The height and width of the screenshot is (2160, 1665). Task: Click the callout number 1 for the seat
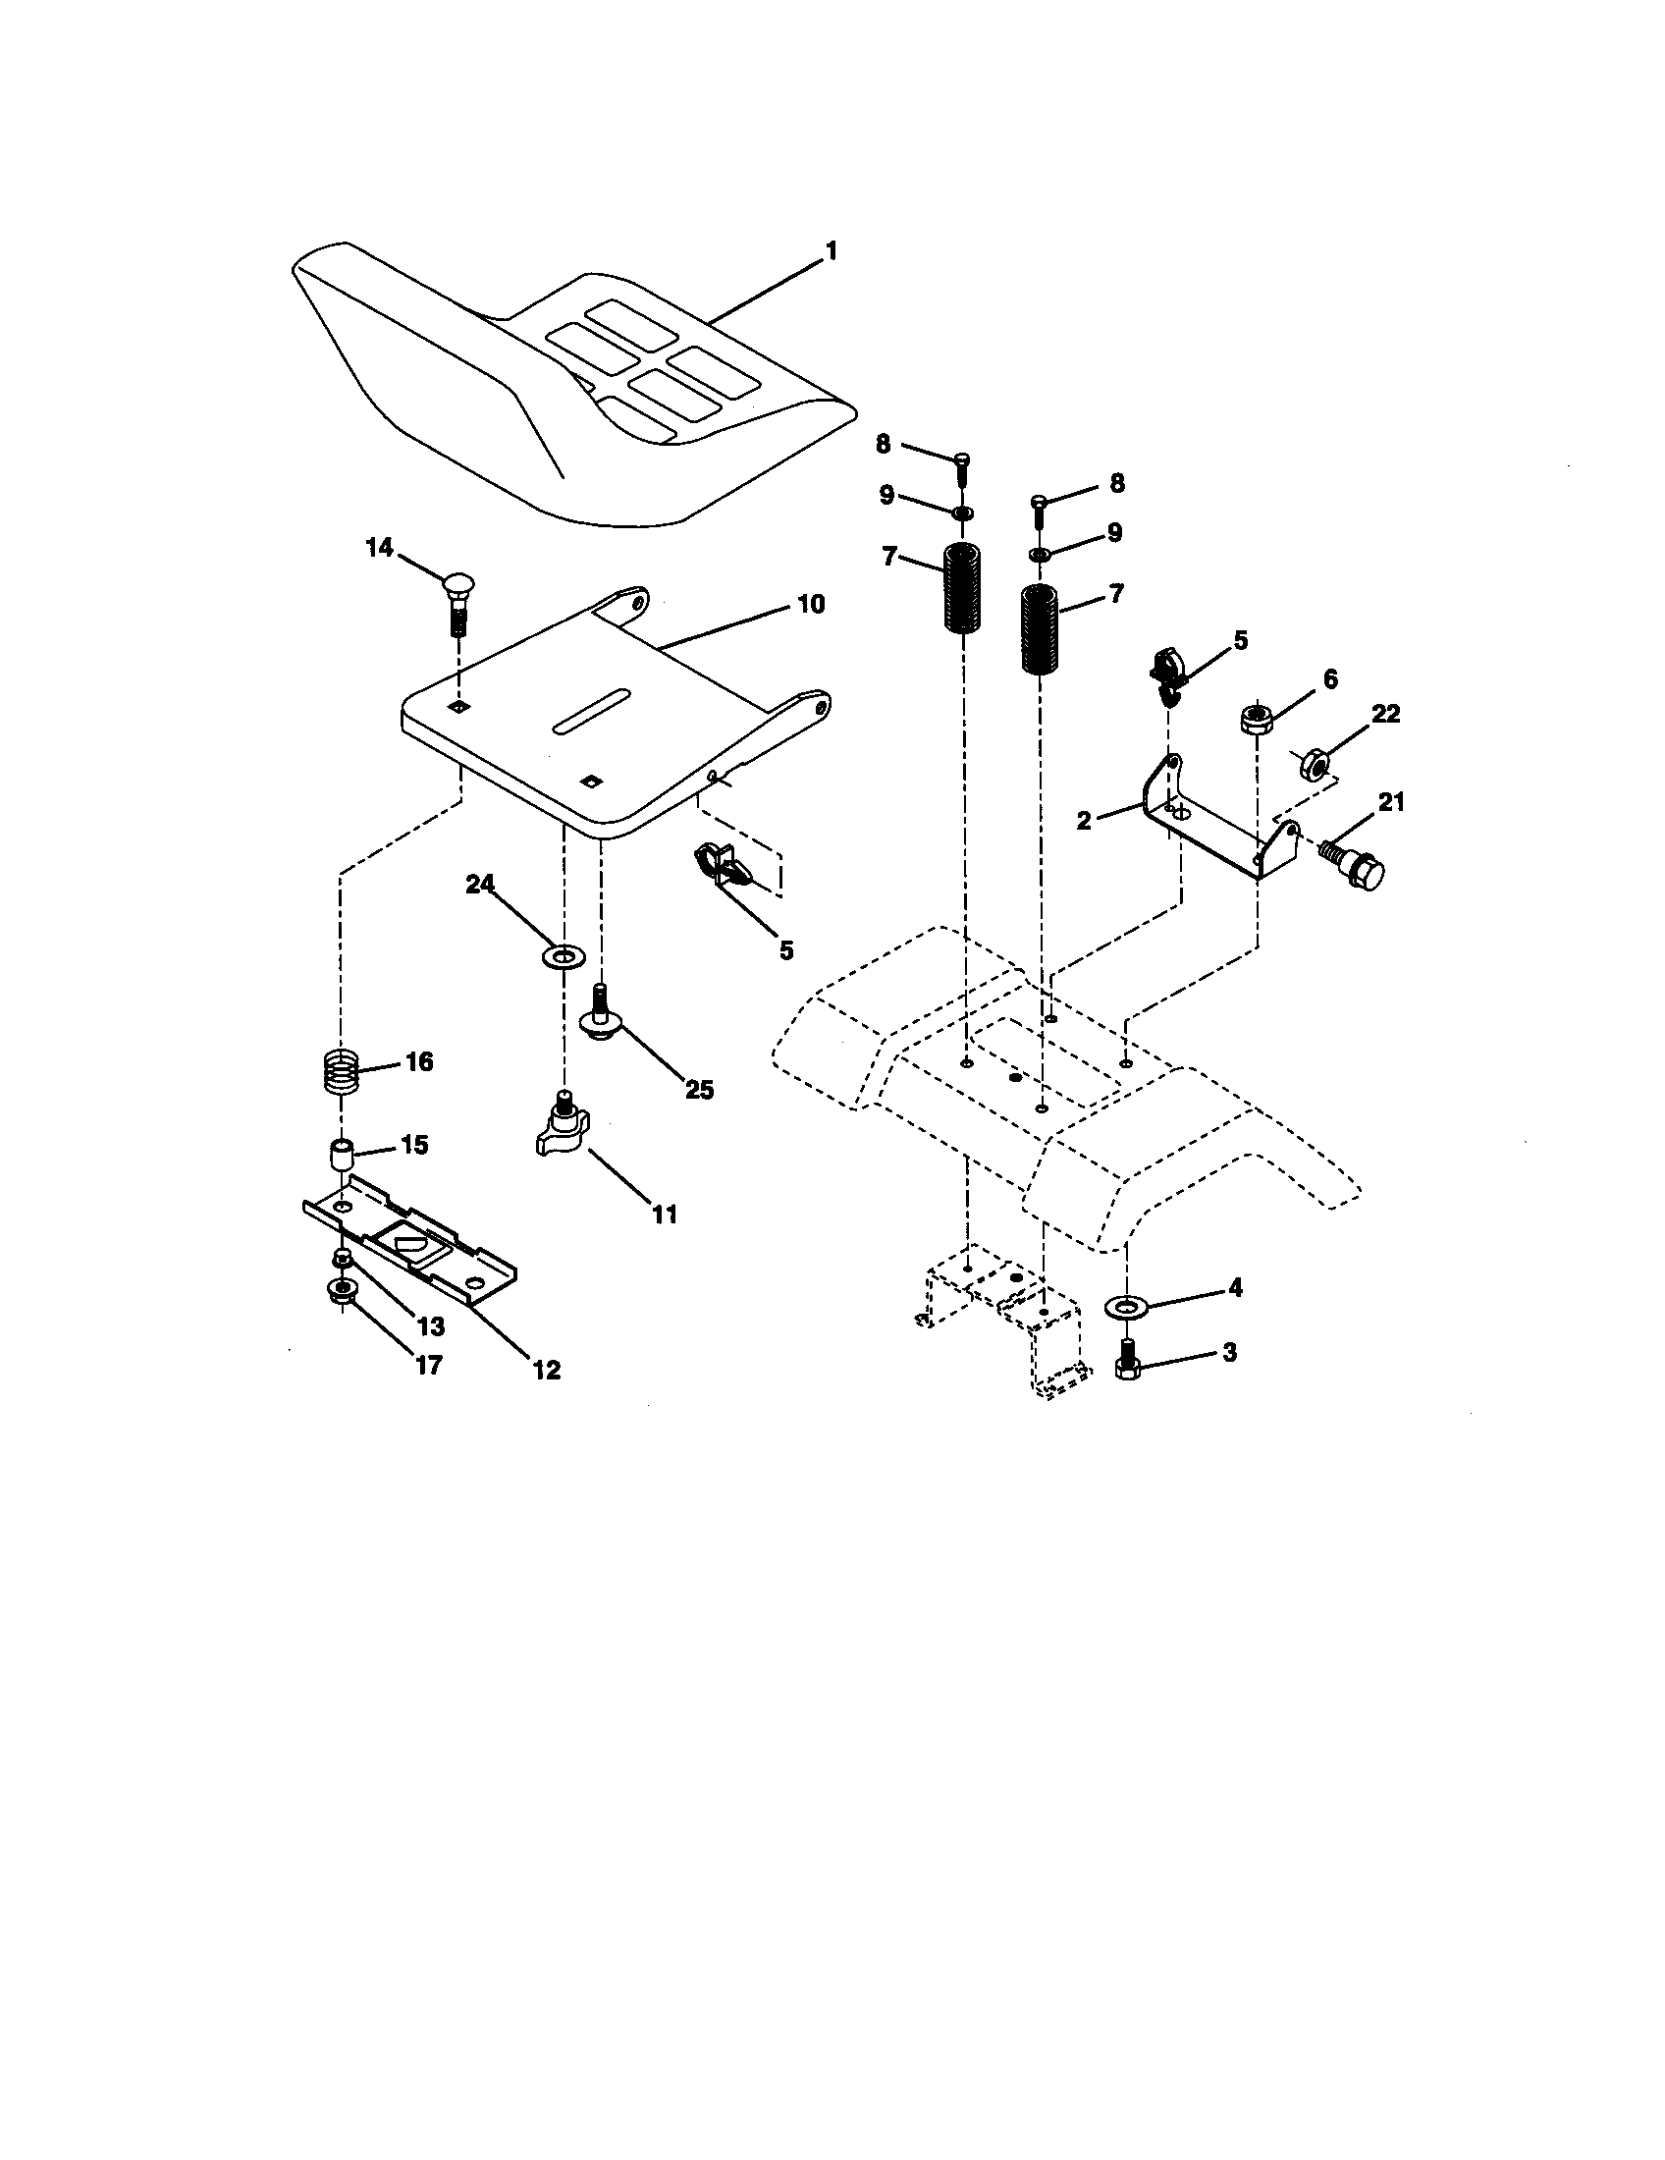pos(831,252)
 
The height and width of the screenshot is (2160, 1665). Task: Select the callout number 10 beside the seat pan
pos(810,604)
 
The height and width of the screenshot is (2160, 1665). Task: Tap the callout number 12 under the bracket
pos(546,1370)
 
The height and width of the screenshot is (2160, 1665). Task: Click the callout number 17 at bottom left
pos(428,1366)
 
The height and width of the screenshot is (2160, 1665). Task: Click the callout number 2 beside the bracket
pos(1084,820)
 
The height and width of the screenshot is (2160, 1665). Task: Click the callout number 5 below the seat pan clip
pos(786,950)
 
